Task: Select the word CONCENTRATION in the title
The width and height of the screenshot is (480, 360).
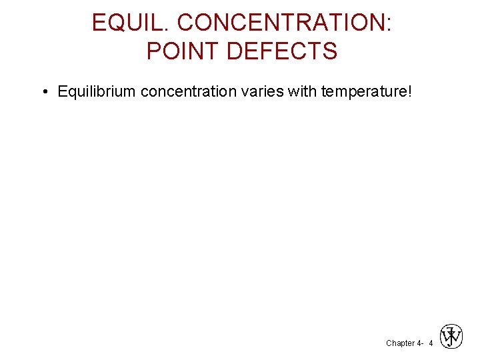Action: click(x=280, y=23)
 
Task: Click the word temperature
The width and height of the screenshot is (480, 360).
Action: click(x=364, y=91)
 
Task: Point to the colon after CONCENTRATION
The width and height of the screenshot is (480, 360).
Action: click(x=388, y=24)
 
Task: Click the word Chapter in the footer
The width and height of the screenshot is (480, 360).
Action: click(x=399, y=343)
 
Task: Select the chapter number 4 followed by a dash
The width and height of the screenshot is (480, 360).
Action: click(x=420, y=343)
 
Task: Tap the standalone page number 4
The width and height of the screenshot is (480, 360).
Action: click(x=431, y=343)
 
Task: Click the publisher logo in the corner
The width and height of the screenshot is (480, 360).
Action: click(x=451, y=337)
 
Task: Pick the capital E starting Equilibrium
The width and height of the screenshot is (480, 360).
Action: click(x=63, y=91)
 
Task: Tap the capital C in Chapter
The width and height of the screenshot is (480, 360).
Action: click(x=389, y=343)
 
